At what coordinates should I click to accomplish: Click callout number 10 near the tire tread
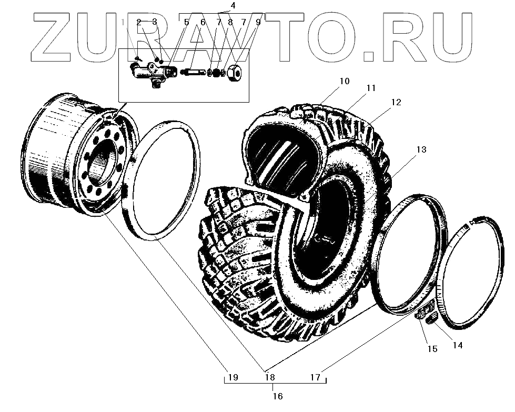click(x=344, y=82)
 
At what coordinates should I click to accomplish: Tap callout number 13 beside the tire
click(x=421, y=150)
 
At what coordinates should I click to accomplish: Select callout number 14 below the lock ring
click(x=457, y=346)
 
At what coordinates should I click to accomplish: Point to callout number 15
click(x=432, y=348)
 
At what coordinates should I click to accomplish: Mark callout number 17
click(x=315, y=377)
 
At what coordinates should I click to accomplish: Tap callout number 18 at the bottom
click(x=270, y=377)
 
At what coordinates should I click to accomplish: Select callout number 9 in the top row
click(x=258, y=22)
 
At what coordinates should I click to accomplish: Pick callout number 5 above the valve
click(x=186, y=22)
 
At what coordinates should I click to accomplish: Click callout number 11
click(x=371, y=88)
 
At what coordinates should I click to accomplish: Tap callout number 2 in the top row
click(x=139, y=22)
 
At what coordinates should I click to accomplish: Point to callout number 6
click(x=203, y=22)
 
